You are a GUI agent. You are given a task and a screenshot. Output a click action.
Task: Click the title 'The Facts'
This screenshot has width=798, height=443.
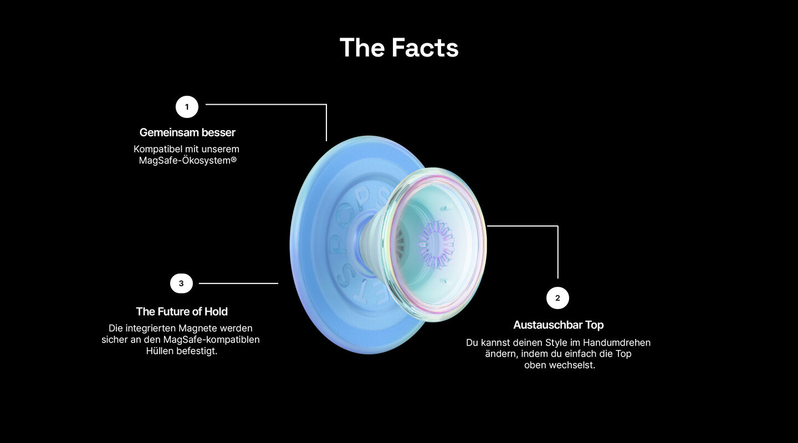pyautogui.click(x=399, y=48)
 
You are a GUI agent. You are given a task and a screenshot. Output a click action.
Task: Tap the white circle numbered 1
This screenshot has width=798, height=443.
pyautogui.click(x=187, y=107)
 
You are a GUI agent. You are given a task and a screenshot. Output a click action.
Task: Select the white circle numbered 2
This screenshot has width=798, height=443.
pyautogui.click(x=557, y=298)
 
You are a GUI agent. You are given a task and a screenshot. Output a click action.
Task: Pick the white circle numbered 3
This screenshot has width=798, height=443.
pyautogui.click(x=181, y=284)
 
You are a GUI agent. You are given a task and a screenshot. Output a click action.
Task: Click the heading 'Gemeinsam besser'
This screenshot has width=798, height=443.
pyautogui.click(x=187, y=132)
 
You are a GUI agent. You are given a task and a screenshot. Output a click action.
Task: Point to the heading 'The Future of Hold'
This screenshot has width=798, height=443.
pyautogui.click(x=182, y=312)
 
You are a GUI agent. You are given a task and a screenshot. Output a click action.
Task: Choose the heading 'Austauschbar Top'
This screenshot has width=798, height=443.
pyautogui.click(x=558, y=324)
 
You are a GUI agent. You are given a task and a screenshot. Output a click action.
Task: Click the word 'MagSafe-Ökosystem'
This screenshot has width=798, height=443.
pyautogui.click(x=185, y=161)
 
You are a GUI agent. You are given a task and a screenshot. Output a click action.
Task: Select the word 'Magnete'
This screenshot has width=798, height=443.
pyautogui.click(x=197, y=328)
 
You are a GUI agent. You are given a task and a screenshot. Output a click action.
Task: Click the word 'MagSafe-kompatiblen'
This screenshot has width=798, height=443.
pyautogui.click(x=211, y=340)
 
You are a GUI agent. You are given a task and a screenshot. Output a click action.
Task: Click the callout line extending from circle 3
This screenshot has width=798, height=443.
pyautogui.click(x=238, y=284)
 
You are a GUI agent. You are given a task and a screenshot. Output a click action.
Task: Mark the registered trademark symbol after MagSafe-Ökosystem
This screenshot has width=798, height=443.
pyautogui.click(x=234, y=159)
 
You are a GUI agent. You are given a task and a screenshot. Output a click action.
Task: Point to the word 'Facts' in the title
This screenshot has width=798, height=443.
pyautogui.click(x=425, y=48)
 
